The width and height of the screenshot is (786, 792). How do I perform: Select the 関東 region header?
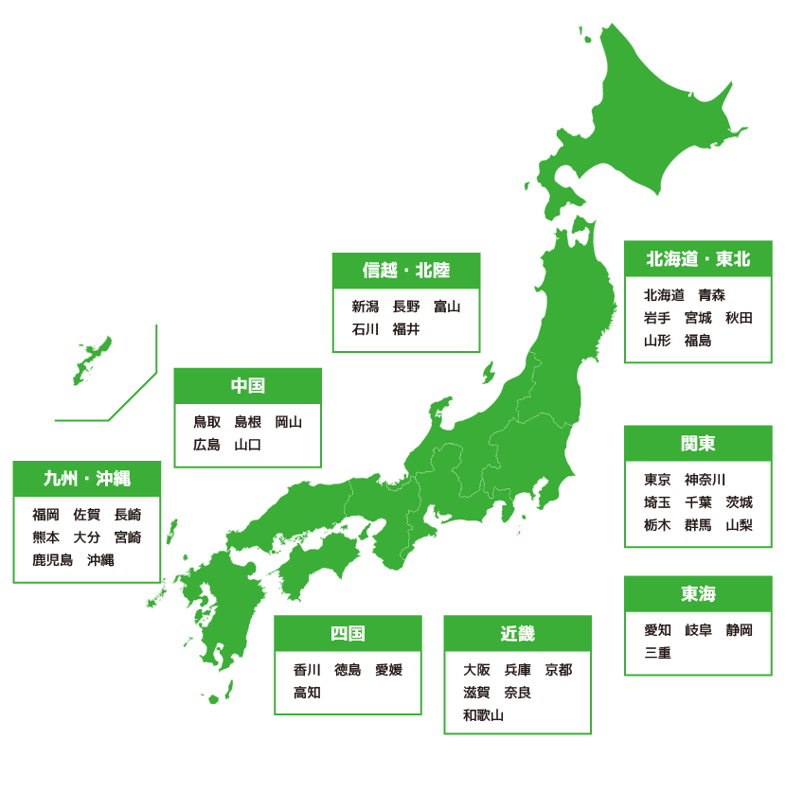click(x=698, y=444)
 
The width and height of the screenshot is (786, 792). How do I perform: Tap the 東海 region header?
click(x=698, y=594)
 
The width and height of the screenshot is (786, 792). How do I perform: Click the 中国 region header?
click(x=248, y=386)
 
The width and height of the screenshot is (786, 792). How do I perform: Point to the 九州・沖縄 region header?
click(x=87, y=479)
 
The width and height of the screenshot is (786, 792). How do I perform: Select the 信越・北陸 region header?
click(x=406, y=271)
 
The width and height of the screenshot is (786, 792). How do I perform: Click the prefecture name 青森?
click(x=712, y=295)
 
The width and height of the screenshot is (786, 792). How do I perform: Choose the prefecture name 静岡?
click(x=740, y=630)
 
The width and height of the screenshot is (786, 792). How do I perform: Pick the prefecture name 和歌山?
click(x=484, y=715)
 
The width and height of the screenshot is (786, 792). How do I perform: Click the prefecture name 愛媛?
click(x=389, y=670)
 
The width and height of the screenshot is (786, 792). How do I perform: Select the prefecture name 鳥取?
click(x=207, y=422)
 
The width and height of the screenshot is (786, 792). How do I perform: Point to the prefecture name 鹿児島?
click(x=53, y=560)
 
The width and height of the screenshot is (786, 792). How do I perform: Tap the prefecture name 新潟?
click(x=366, y=307)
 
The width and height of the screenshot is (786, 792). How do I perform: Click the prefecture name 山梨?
click(x=740, y=525)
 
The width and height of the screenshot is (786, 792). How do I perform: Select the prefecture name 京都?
click(x=559, y=670)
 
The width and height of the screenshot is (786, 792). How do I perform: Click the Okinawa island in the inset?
click(x=93, y=361)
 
